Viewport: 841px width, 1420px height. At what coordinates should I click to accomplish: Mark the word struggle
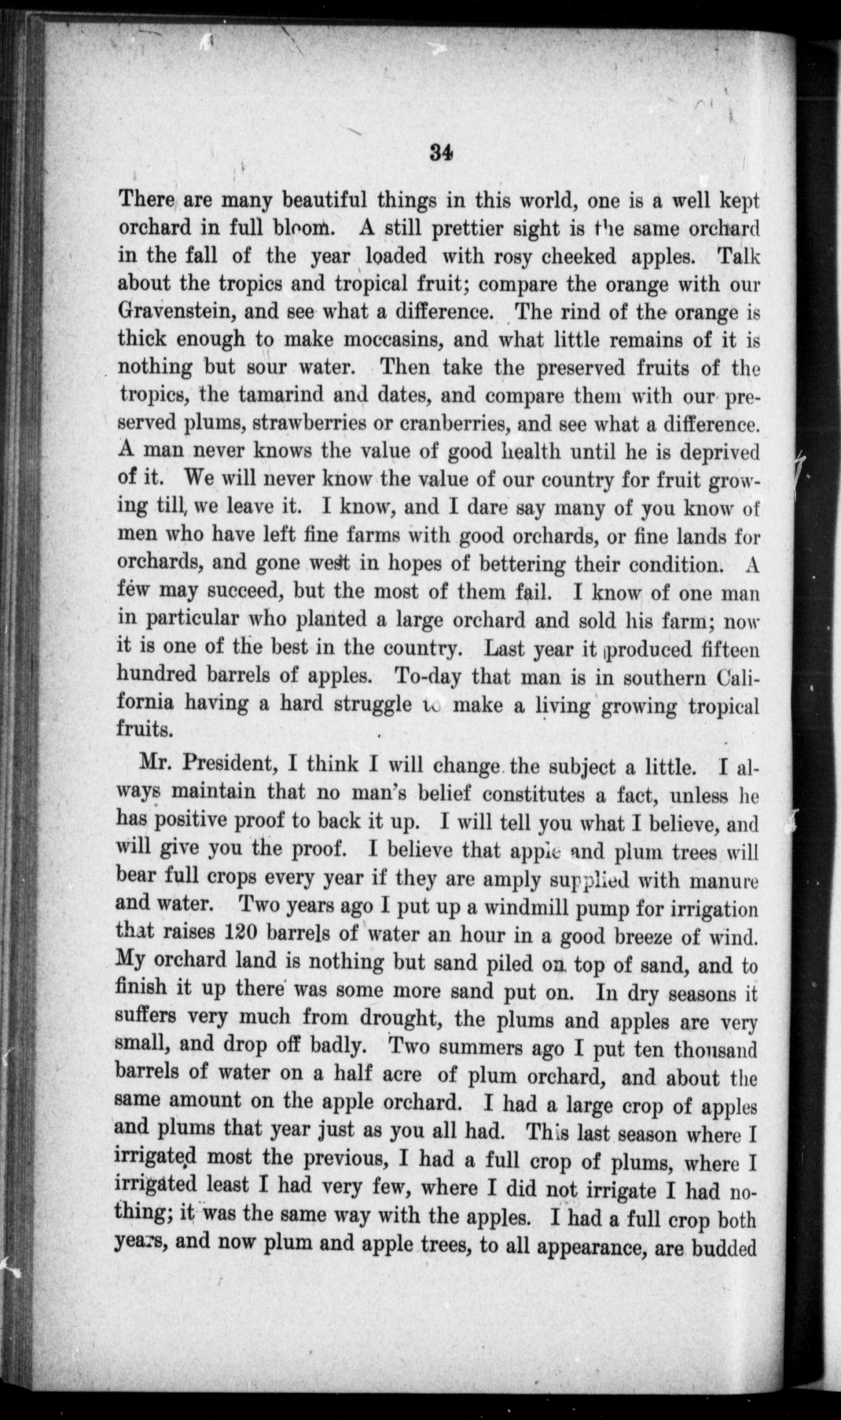(x=372, y=704)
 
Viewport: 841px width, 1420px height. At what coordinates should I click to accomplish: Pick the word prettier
(x=463, y=228)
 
